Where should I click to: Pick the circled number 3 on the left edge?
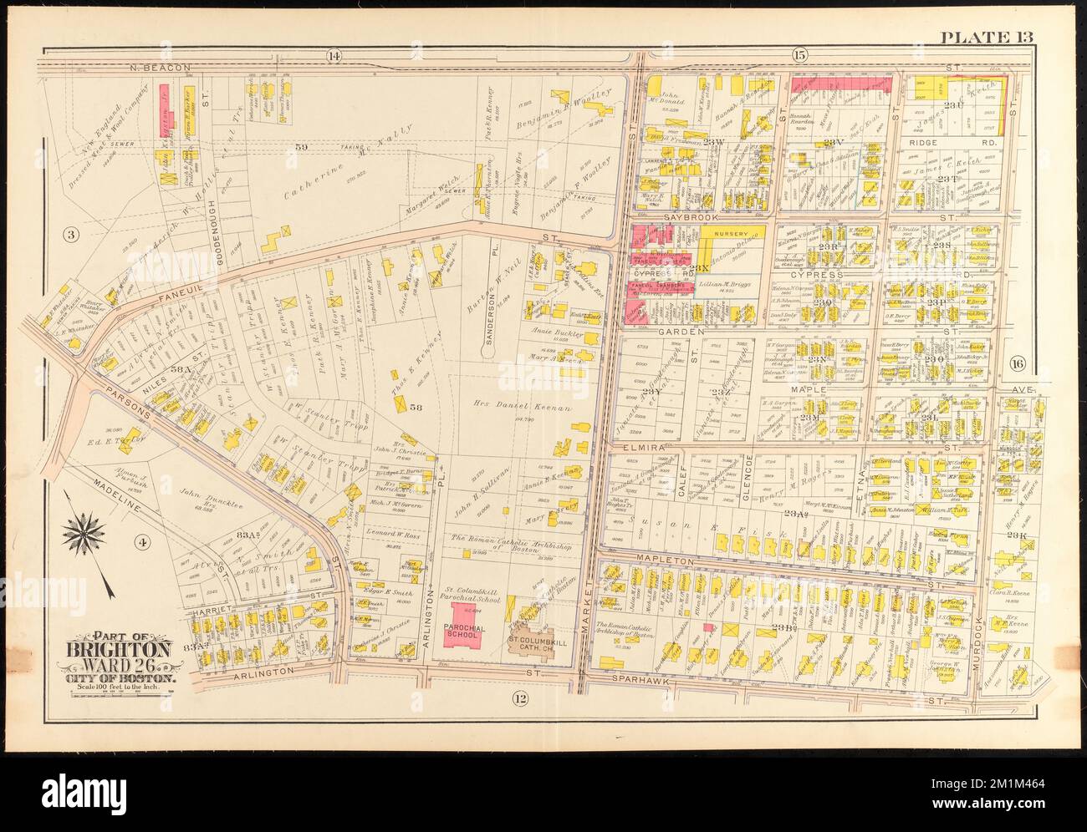71,235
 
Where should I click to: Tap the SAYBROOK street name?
687,216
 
